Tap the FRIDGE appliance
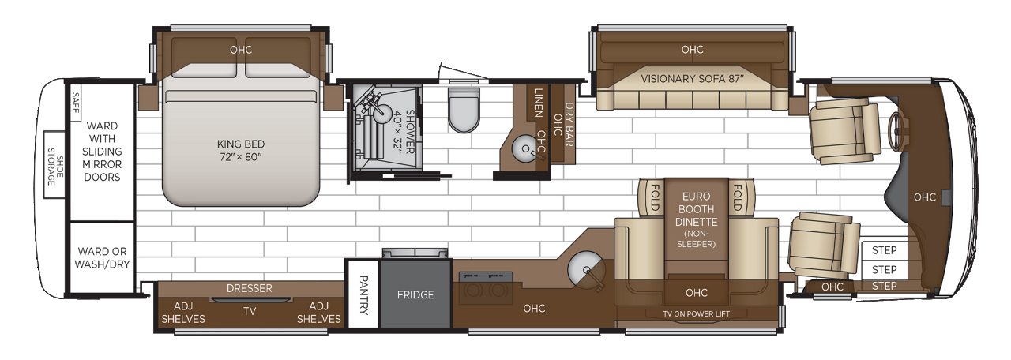pyautogui.click(x=415, y=295)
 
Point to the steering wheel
pyautogui.click(x=896, y=130)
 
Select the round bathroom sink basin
pyautogui.click(x=523, y=147)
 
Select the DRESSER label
pyautogui.click(x=249, y=288)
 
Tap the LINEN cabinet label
pyautogui.click(x=538, y=103)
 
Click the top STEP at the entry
pyautogui.click(x=884, y=250)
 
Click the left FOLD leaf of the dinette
pyautogui.click(x=655, y=192)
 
